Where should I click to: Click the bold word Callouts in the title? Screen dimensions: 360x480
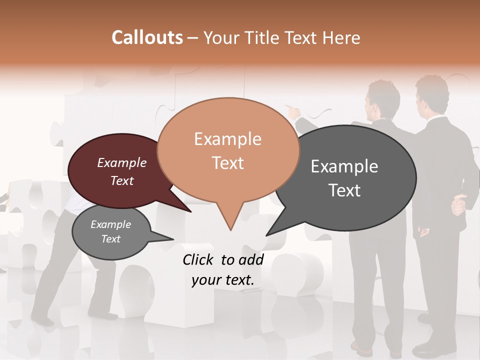[147, 37]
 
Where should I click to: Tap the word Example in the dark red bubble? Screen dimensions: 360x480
[121, 162]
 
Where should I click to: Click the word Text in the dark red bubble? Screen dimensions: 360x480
[121, 180]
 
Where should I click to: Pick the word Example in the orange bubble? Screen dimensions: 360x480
[227, 139]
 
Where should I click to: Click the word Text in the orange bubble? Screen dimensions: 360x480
[227, 163]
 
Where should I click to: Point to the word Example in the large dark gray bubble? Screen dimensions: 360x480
[344, 166]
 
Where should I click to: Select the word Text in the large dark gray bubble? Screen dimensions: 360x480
[344, 190]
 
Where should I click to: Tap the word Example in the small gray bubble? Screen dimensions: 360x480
[110, 224]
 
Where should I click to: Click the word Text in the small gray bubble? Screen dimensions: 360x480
[110, 239]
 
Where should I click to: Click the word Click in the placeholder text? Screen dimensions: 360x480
[199, 259]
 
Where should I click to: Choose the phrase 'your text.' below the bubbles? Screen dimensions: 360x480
[222, 280]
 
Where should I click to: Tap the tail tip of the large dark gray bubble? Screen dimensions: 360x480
[266, 235]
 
